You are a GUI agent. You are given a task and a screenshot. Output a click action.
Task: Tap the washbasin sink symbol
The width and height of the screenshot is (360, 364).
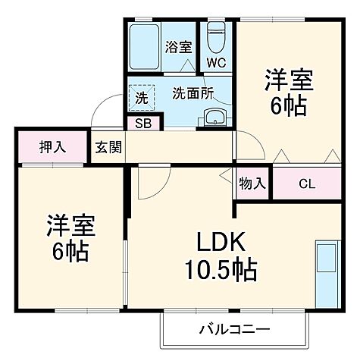coord(215,117)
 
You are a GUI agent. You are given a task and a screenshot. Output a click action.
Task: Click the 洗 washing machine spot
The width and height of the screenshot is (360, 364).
coord(141,97)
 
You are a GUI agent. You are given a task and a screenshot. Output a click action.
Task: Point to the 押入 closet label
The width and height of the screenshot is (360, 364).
coord(53,146)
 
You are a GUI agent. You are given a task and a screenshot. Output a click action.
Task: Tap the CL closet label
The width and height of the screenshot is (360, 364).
coord(306,183)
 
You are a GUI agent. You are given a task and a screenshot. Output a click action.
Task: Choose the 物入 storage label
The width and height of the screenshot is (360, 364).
coord(252,183)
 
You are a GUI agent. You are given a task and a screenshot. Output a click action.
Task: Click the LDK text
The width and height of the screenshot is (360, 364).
coord(221,243)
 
